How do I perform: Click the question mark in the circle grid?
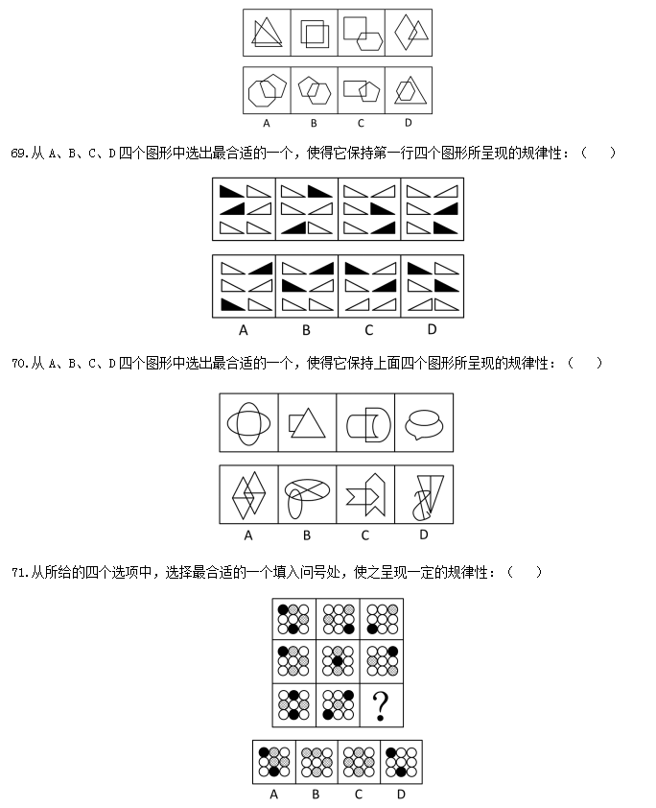coord(381,706)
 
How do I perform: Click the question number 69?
coord(19,153)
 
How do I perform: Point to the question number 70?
coord(19,364)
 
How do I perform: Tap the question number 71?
coord(19,572)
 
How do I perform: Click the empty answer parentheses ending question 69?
coord(597,153)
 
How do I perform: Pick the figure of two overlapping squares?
coord(315,33)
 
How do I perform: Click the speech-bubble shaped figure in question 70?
coord(424,423)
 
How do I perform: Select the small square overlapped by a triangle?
coord(296,423)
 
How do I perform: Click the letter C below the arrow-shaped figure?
coord(365,535)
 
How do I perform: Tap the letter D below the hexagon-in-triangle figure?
coord(409,123)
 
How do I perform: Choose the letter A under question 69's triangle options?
coord(244,330)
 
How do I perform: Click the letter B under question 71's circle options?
coord(316,795)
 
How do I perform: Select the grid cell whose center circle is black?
coord(338,661)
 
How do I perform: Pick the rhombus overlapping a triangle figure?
coord(410,32)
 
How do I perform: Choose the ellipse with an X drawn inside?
coord(308,489)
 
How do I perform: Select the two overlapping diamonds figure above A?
coord(248,495)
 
